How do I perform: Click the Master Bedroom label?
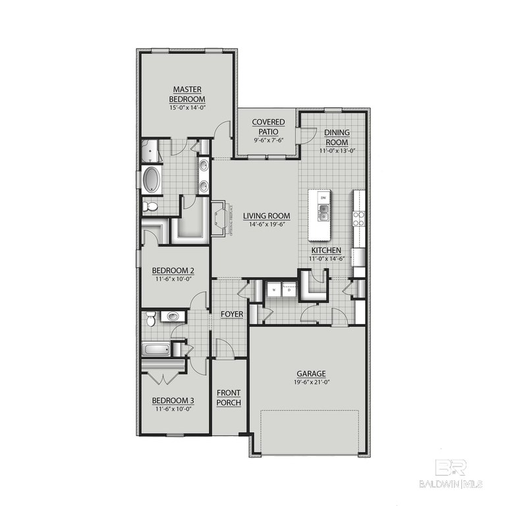pos(187,94)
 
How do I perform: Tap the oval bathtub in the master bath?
pos(151,179)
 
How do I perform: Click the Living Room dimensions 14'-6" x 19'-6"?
pos(266,224)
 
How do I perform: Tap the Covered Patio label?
pos(268,126)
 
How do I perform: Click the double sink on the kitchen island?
pos(323,212)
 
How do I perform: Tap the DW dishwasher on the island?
pos(323,196)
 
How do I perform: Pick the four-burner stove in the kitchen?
pos(359,217)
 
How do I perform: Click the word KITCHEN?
pos(326,250)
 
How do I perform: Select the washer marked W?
pos(273,289)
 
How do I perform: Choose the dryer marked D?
pos(288,289)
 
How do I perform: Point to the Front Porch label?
pos(229,398)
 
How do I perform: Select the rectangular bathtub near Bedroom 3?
pos(156,349)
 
